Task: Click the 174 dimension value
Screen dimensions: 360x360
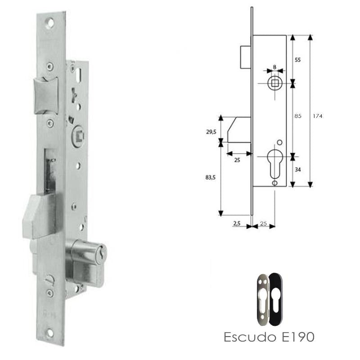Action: coord(319,116)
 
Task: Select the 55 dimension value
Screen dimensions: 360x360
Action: coord(297,60)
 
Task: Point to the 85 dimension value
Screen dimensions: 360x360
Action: coord(297,116)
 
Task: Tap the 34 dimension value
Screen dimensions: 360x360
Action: coord(297,170)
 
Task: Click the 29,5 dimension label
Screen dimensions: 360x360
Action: coord(210,131)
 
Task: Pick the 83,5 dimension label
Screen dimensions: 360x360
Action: coord(210,178)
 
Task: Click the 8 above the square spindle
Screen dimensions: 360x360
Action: coord(274,67)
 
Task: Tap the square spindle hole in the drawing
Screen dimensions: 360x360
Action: coord(274,83)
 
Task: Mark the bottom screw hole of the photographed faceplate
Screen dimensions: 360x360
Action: coord(51,334)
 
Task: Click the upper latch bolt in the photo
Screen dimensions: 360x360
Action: coord(47,93)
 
